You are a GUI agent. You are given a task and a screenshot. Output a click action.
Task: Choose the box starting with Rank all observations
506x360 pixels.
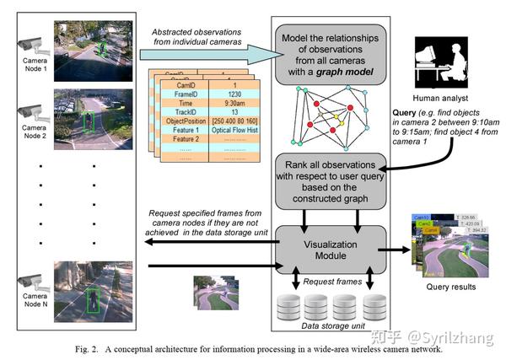click(330, 180)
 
